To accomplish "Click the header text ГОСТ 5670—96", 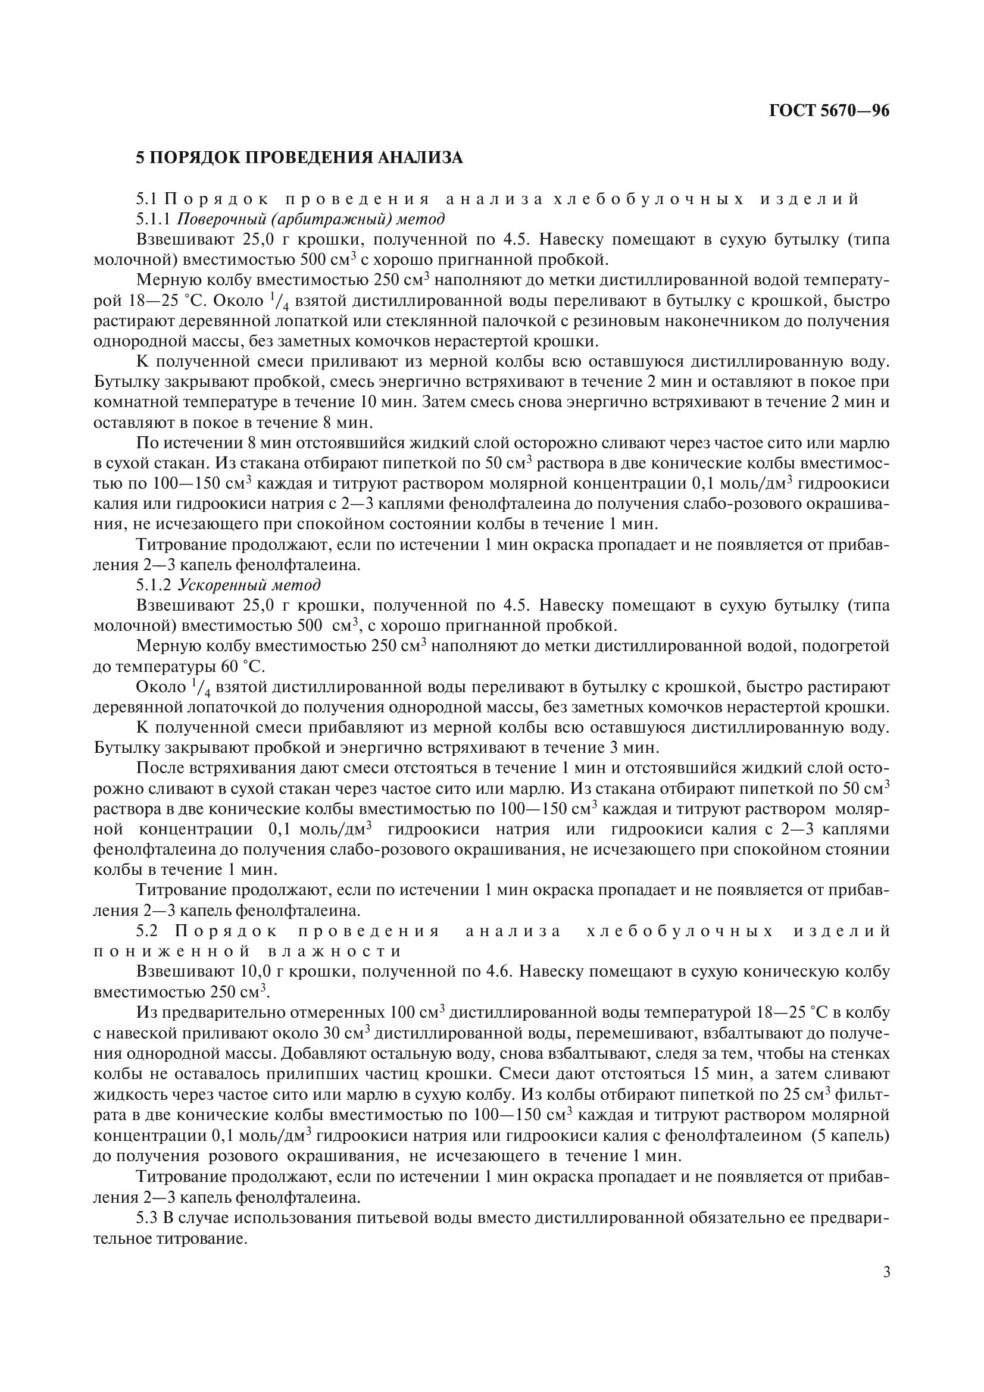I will [x=829, y=110].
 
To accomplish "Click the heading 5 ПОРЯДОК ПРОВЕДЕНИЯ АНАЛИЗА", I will [x=299, y=158].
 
